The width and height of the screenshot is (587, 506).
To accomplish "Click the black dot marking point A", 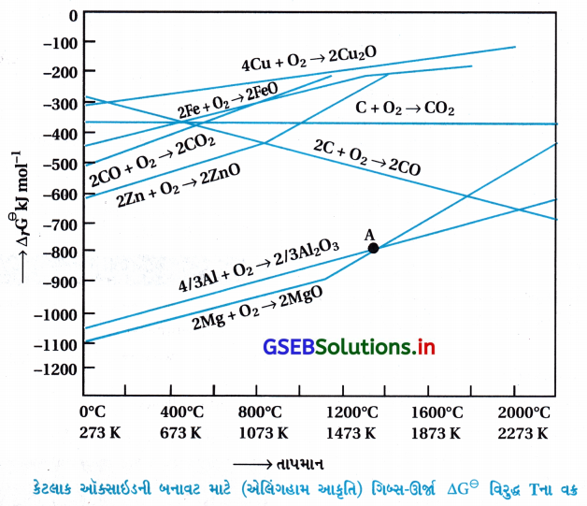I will [373, 248].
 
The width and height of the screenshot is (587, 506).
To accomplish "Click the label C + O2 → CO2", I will [404, 109].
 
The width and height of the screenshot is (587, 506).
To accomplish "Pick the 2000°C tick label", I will [525, 412].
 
